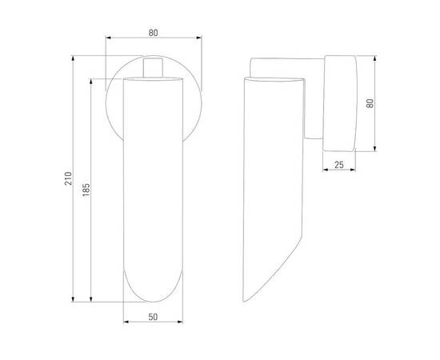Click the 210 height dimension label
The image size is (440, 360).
68,178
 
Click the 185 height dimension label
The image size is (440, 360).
86,190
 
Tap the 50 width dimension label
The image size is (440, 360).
153,317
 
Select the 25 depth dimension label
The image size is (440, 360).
339,165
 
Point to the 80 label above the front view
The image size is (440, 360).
154,33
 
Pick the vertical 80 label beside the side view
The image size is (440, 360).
370,103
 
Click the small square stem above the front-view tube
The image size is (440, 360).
153,67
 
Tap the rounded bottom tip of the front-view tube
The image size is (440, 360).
154,302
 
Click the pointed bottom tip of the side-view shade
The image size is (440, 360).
244,301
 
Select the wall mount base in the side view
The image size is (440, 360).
339,103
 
